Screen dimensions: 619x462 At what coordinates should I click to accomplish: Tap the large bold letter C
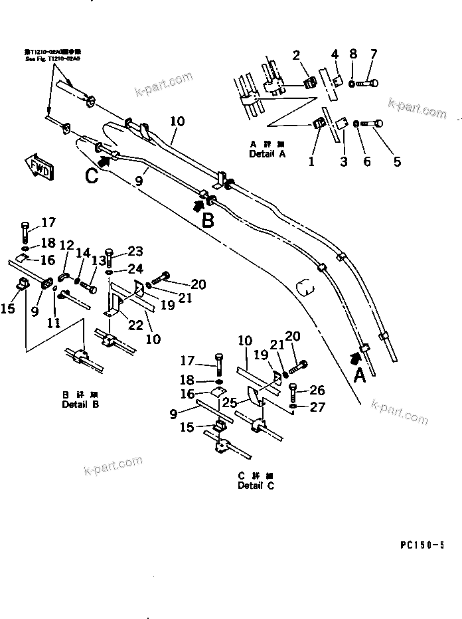click(x=92, y=175)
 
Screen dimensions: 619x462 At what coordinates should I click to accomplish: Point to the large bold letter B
click(x=208, y=220)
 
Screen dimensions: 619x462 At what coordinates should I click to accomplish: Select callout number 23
click(x=135, y=251)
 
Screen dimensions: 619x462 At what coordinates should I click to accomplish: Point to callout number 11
click(x=53, y=323)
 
